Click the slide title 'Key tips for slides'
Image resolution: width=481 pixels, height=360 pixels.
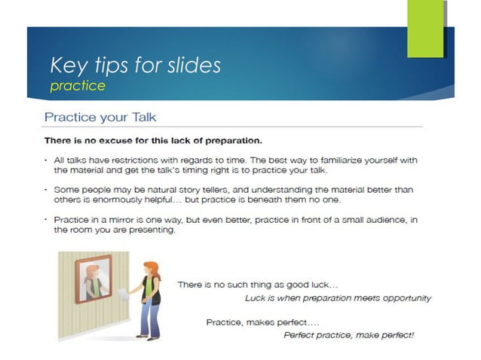pyautogui.click(x=135, y=65)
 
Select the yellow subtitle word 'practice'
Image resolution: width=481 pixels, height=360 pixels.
pyautogui.click(x=77, y=86)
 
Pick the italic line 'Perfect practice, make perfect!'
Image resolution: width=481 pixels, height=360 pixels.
pyautogui.click(x=348, y=334)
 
